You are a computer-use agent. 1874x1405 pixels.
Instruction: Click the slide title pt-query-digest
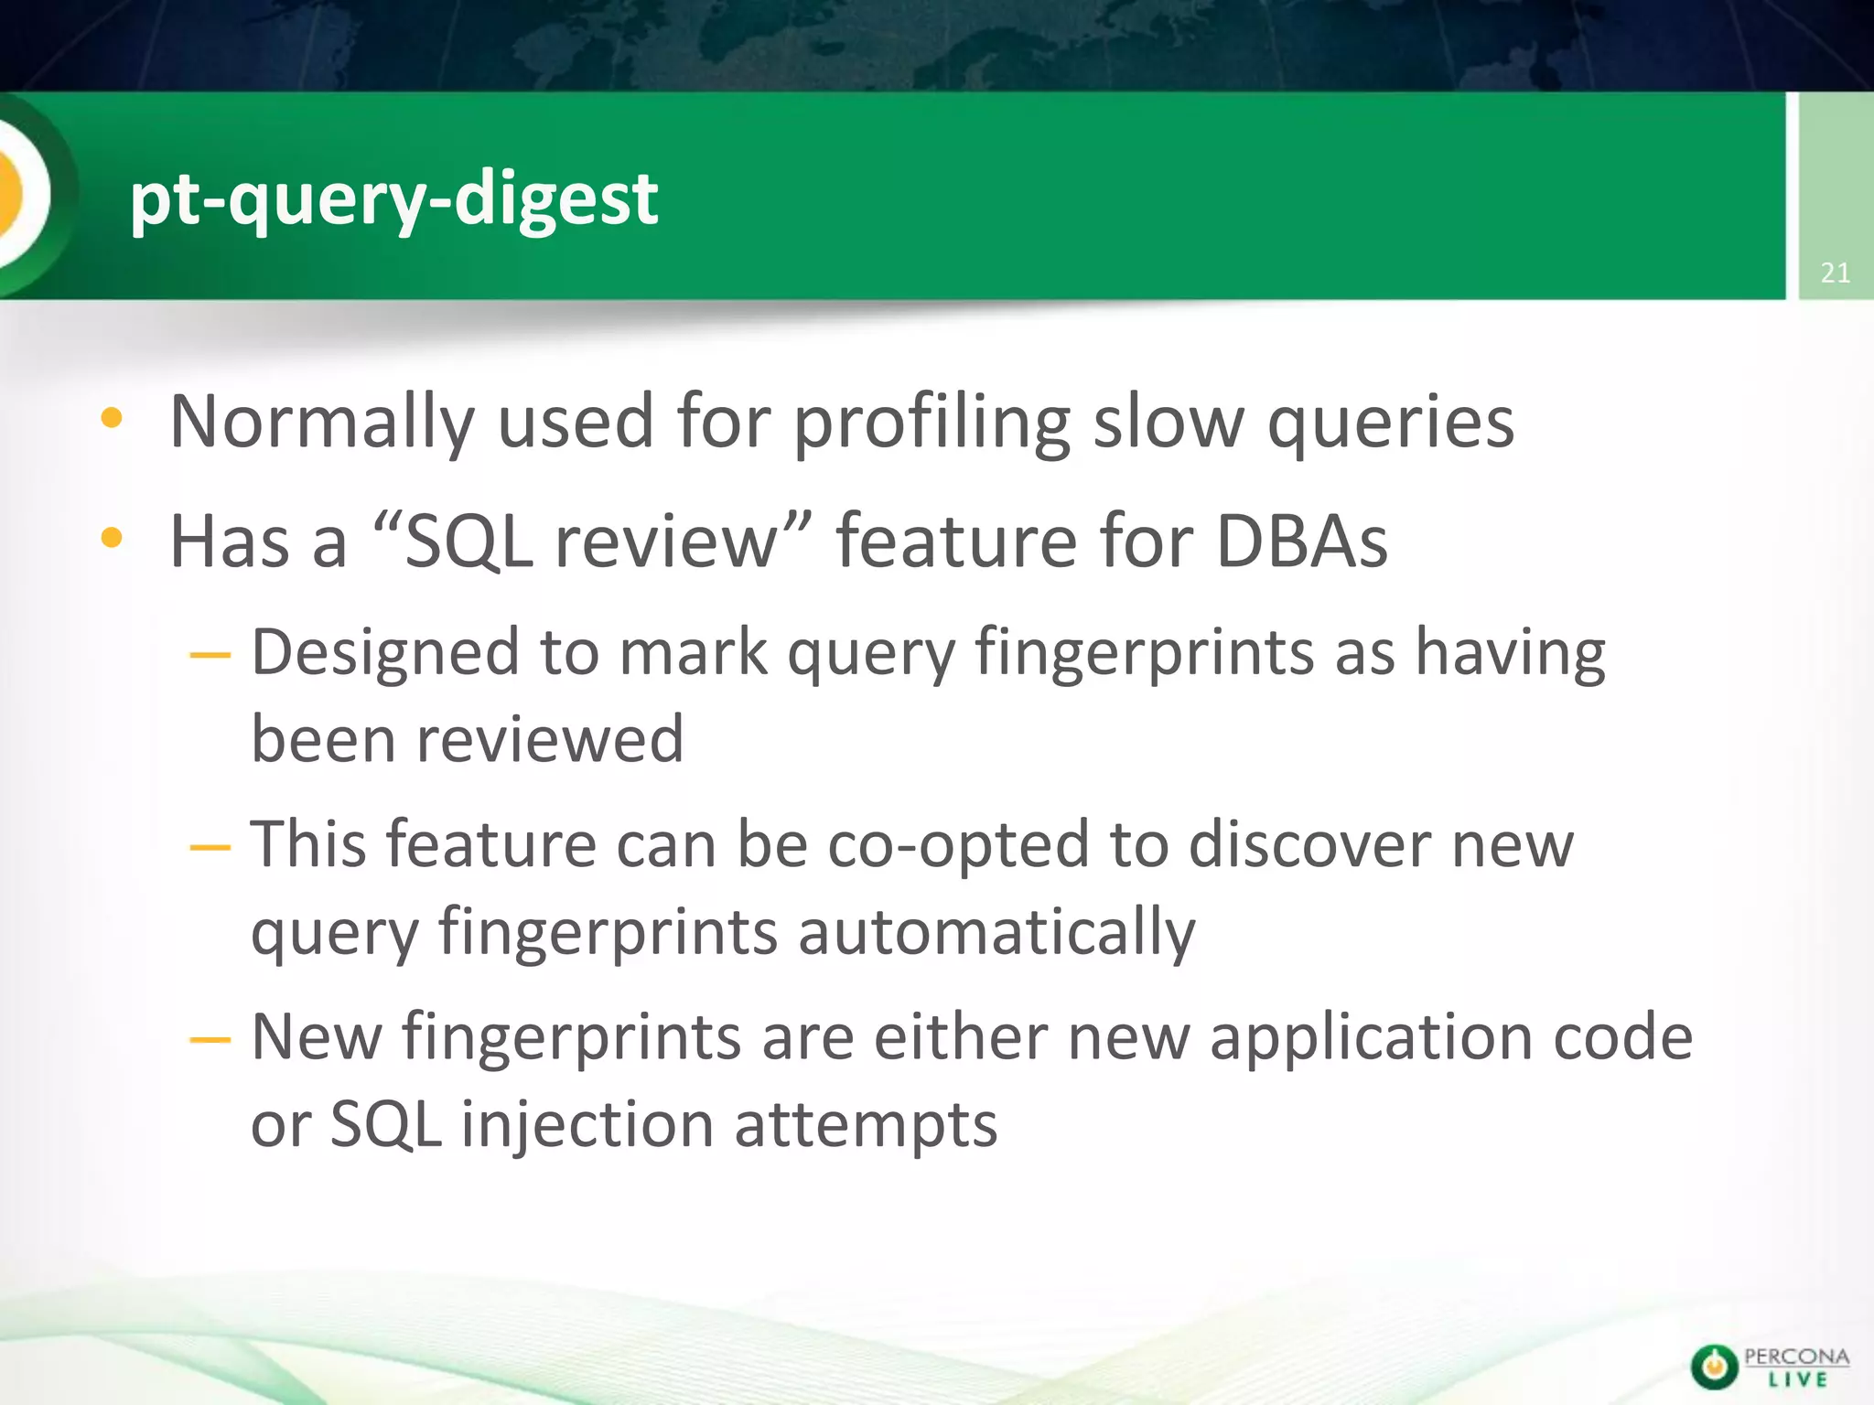pyautogui.click(x=393, y=198)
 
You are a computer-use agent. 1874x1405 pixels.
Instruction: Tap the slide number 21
pyautogui.click(x=1835, y=273)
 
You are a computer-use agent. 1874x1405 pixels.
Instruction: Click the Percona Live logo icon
pyautogui.click(x=1714, y=1367)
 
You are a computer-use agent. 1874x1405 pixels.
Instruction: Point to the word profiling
pyautogui.click(x=931, y=423)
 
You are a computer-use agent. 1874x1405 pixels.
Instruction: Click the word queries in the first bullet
pyautogui.click(x=1390, y=423)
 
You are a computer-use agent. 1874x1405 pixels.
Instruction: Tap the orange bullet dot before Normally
pyautogui.click(x=112, y=419)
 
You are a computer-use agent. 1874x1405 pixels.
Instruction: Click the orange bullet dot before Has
pyautogui.click(x=112, y=538)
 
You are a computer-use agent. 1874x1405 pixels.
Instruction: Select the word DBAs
pyautogui.click(x=1301, y=542)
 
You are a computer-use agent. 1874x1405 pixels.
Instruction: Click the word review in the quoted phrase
pyautogui.click(x=665, y=542)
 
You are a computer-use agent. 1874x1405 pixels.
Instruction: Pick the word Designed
pyautogui.click(x=385, y=653)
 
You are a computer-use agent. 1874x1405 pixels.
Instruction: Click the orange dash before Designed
pyautogui.click(x=210, y=655)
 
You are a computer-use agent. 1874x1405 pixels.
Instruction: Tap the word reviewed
pyautogui.click(x=550, y=739)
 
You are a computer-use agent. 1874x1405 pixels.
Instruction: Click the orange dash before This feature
pyautogui.click(x=210, y=847)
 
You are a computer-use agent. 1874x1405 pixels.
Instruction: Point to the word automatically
pyautogui.click(x=996, y=932)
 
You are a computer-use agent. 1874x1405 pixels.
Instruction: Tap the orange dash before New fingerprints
pyautogui.click(x=210, y=1040)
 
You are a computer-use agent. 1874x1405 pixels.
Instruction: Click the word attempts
pyautogui.click(x=866, y=1125)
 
